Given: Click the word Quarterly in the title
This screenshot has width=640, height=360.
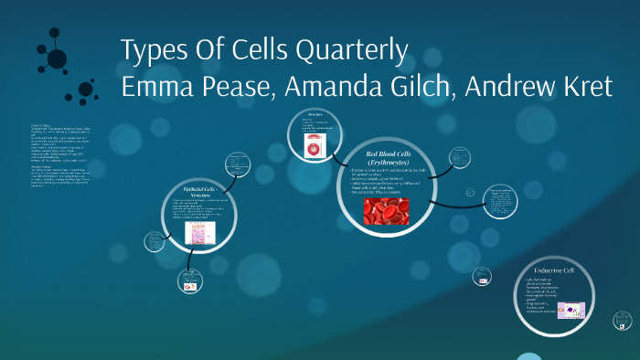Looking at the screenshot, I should pyautogui.click(x=351, y=51).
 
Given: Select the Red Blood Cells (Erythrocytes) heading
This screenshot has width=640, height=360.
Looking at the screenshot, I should pyautogui.click(x=385, y=156).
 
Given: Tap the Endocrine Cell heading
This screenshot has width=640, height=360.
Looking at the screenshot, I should pyautogui.click(x=568, y=271).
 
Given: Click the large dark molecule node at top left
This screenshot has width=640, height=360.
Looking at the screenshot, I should pyautogui.click(x=57, y=58).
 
